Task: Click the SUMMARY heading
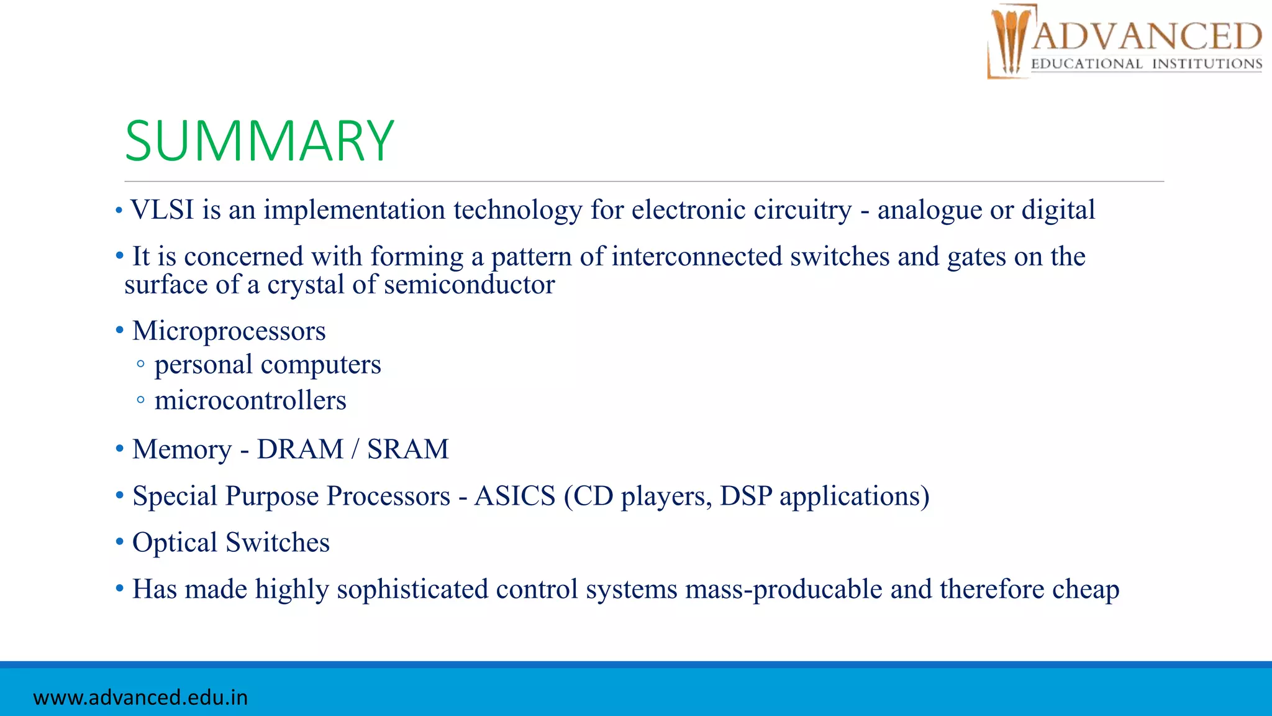coord(259,141)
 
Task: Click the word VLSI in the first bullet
coord(162,210)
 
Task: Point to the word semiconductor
coord(469,285)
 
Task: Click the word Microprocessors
coord(229,331)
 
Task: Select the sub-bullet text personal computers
coord(267,365)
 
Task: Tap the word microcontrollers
coord(250,401)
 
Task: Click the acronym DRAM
coord(300,449)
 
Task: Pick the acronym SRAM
coord(407,449)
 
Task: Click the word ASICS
coord(514,496)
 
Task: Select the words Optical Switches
coord(230,543)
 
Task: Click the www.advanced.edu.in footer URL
coord(140,697)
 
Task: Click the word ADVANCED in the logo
coord(1147,36)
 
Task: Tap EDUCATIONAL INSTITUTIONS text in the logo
coord(1147,64)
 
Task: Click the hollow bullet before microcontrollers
coord(141,400)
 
